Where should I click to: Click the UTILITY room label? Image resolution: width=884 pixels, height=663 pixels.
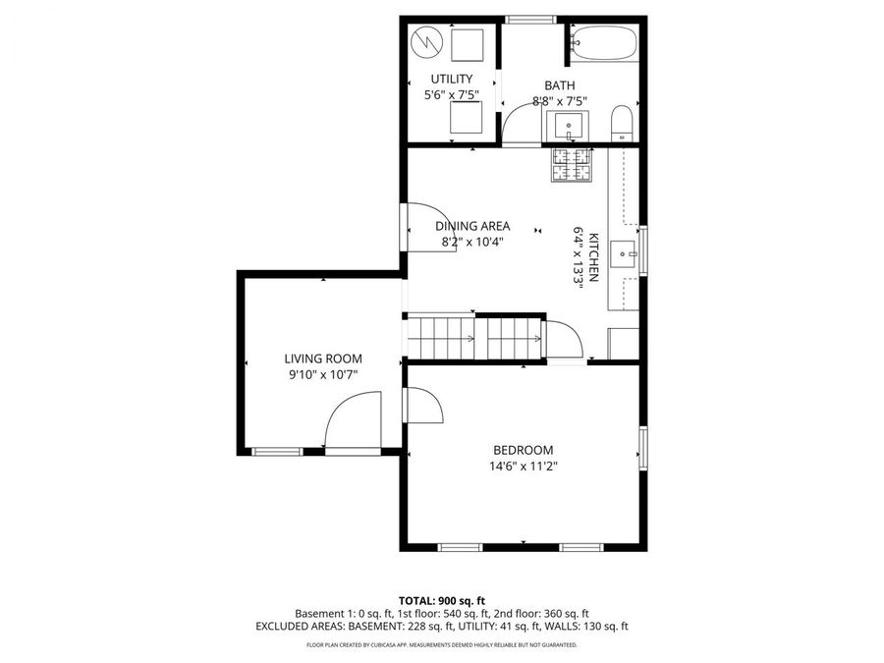452,79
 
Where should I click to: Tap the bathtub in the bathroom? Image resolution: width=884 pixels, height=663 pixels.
604,43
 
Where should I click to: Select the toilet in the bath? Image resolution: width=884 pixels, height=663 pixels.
622,124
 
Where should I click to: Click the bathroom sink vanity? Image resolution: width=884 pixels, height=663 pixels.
569,126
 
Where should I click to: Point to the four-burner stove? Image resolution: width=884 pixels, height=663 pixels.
573,165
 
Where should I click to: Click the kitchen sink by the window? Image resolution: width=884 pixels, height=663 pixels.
623,254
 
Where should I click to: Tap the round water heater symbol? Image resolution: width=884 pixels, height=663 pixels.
426,42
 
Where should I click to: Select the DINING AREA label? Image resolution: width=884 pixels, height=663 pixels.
472,225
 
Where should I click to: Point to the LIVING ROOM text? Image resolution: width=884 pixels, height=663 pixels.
323,359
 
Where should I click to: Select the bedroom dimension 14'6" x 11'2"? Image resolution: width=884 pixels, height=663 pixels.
529,467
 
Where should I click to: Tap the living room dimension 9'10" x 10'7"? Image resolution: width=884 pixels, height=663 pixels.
323,374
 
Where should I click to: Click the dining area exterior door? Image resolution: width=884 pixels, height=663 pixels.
430,227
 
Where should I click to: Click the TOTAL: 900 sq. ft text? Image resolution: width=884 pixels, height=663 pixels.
441,599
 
